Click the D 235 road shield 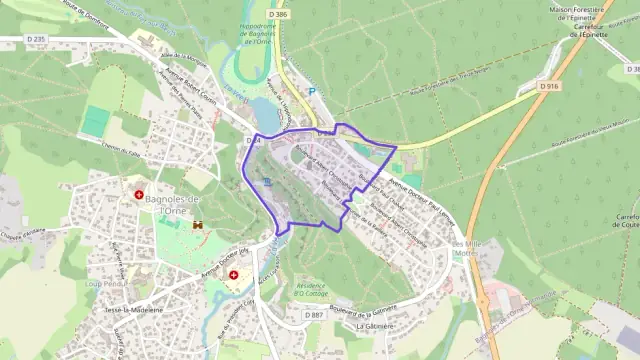36,39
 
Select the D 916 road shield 548,87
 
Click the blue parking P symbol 311,92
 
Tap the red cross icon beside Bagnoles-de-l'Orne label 139,193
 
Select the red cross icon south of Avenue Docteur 234,274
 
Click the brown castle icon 197,224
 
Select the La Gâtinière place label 374,326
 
